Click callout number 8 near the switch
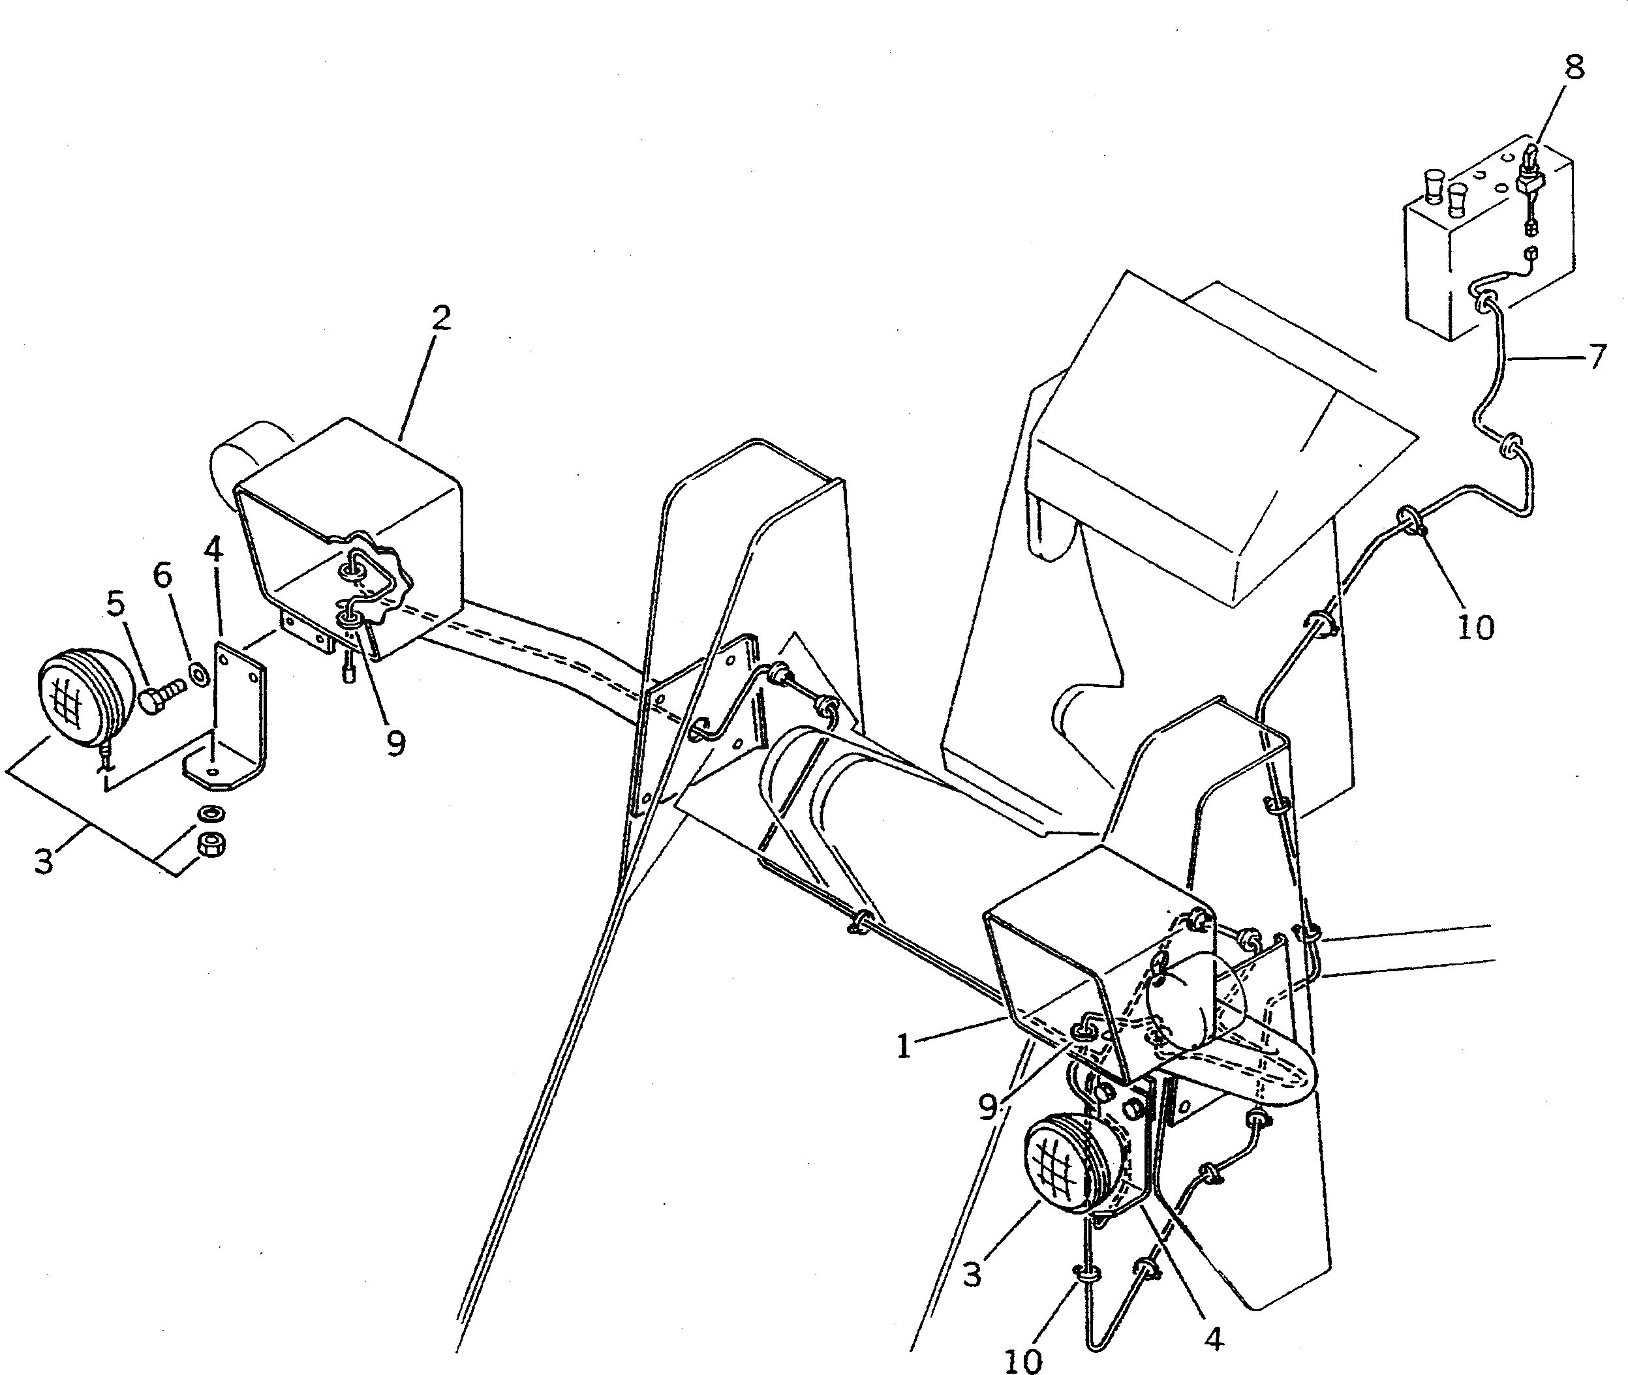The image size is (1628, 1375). tap(1574, 68)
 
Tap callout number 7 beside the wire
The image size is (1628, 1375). tap(1597, 357)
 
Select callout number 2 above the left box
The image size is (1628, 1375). tap(441, 318)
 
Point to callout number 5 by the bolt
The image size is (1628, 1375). tap(116, 603)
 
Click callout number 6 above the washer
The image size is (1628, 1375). tap(162, 575)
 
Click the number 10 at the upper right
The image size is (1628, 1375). tap(1475, 627)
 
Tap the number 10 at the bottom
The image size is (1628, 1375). tap(1022, 1360)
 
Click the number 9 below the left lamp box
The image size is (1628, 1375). tap(396, 743)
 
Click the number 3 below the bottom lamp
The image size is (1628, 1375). tap(971, 1275)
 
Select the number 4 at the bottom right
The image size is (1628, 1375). tap(1213, 1338)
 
